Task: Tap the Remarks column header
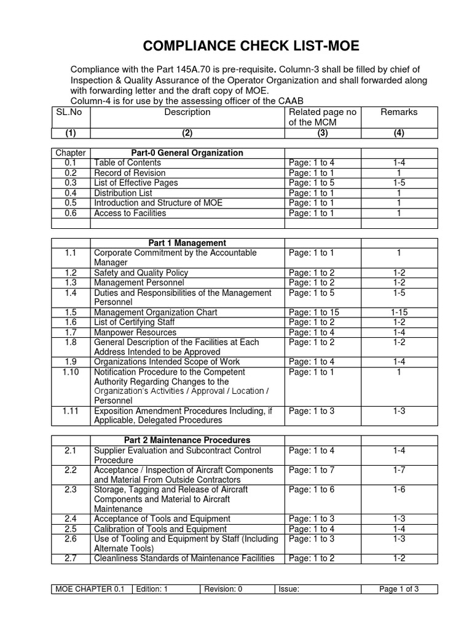tap(399, 112)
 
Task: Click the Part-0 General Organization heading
tap(187, 153)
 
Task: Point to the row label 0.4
tap(70, 193)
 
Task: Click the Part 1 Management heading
tap(187, 243)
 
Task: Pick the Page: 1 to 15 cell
tap(313, 313)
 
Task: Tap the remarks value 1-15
tap(399, 313)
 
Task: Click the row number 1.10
tap(71, 372)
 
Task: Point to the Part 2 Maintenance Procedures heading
tap(187, 441)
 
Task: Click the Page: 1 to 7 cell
tap(311, 471)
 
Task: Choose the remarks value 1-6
tap(399, 490)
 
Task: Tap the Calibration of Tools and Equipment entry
tap(160, 529)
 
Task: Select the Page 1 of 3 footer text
tap(399, 589)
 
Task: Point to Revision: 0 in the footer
tap(224, 589)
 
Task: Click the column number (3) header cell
tap(322, 133)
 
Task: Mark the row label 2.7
tap(70, 559)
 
